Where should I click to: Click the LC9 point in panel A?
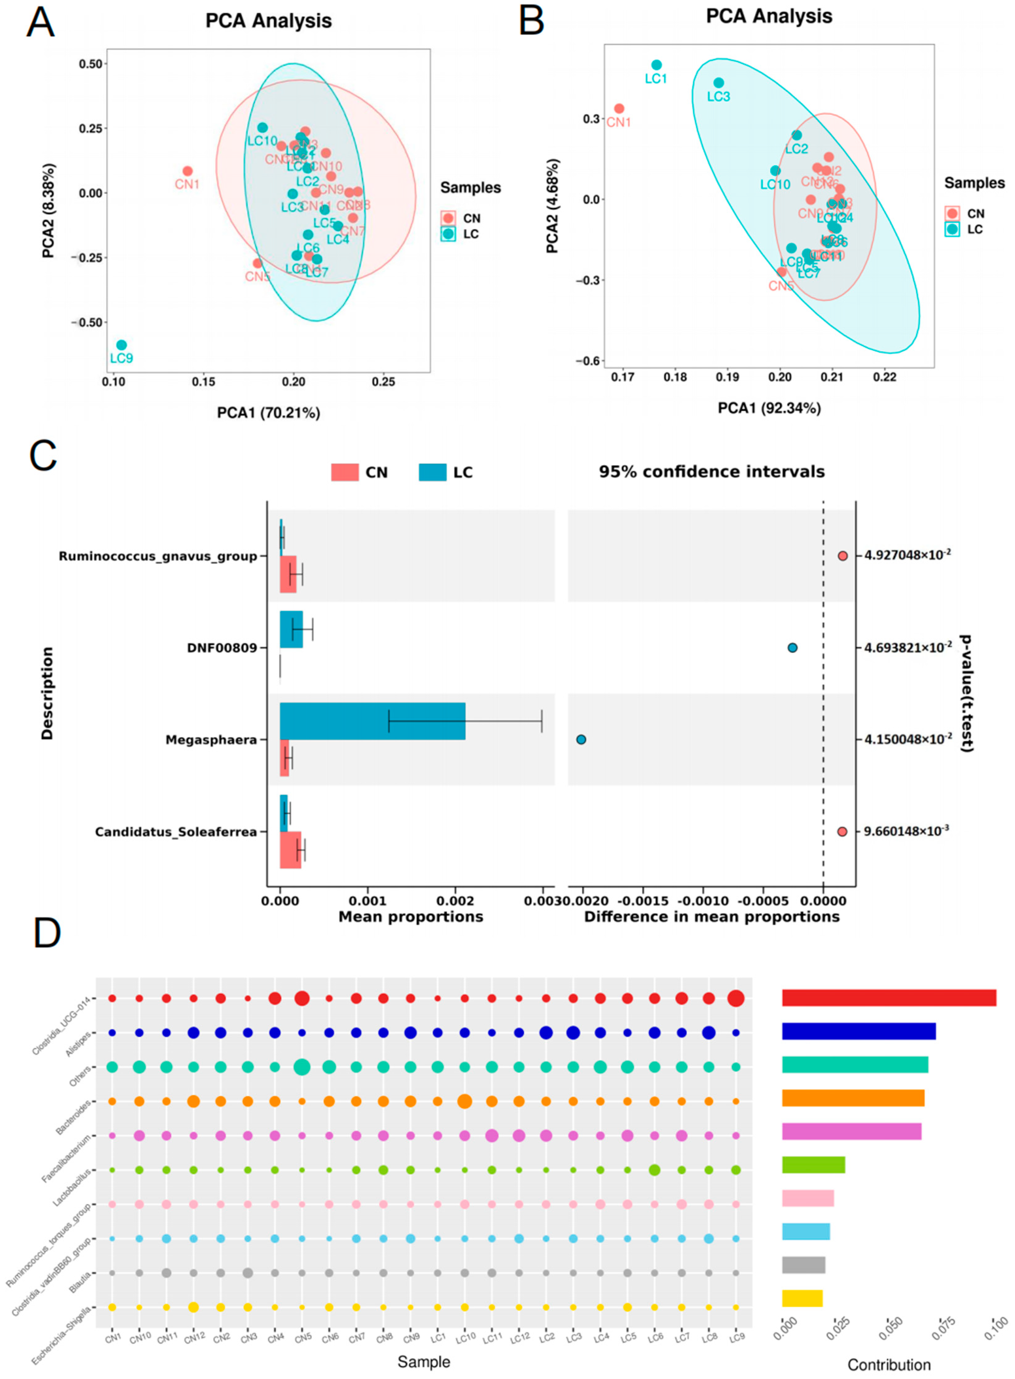pos(122,345)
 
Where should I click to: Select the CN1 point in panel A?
pos(187,171)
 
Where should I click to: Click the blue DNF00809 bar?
pos(291,629)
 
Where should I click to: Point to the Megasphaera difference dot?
pos(581,739)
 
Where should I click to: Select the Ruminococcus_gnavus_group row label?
pos(158,556)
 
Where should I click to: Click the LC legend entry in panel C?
pos(446,472)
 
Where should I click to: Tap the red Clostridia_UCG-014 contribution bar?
pos(888,997)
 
